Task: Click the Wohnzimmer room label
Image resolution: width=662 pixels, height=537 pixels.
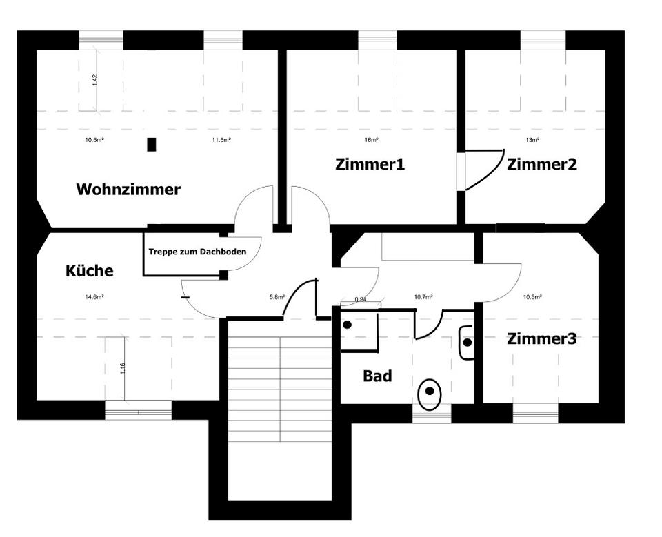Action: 128,189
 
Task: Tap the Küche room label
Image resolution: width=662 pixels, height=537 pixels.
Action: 89,271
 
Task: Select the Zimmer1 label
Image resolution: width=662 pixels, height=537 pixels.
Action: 370,164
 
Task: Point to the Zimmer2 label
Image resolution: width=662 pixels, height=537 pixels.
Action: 541,164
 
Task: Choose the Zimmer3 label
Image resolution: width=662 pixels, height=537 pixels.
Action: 541,338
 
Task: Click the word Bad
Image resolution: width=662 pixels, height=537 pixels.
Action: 377,376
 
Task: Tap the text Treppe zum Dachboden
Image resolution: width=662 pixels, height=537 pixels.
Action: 197,252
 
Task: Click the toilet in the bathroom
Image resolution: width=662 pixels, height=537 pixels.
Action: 430,393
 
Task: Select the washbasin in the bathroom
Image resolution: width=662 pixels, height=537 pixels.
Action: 467,342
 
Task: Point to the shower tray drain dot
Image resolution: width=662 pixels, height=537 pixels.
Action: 348,325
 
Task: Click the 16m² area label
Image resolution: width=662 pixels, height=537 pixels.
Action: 371,140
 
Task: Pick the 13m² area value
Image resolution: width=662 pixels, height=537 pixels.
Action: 532,140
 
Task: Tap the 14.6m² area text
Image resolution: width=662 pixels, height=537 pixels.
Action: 94,297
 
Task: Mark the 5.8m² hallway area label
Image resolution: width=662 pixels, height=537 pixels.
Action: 277,297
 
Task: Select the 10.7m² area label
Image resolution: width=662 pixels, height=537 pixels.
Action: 423,297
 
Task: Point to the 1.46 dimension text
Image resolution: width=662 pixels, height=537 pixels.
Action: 122,368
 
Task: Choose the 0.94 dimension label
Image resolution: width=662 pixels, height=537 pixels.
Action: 360,299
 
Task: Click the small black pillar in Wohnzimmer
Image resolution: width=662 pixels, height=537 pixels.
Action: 152,145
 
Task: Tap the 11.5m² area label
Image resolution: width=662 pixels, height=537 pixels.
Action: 221,140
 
